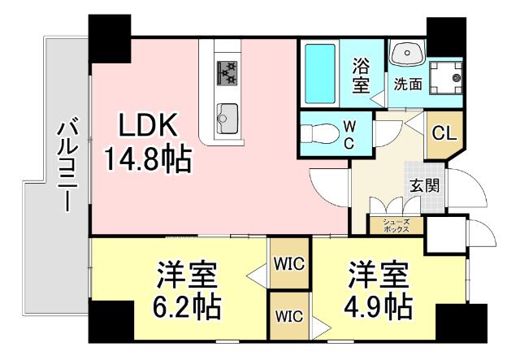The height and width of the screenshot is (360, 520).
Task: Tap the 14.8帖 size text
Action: (147, 158)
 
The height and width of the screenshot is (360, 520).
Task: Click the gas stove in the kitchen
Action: (227, 73)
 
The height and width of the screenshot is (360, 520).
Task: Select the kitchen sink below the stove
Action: (227, 113)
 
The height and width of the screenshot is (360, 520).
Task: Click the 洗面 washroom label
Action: (407, 83)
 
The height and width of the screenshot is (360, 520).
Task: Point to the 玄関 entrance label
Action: (424, 184)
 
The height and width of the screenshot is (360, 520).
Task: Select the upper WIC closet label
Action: (288, 263)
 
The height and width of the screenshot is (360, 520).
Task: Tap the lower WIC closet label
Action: (288, 315)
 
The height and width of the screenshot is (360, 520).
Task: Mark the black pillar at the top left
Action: (110, 37)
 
